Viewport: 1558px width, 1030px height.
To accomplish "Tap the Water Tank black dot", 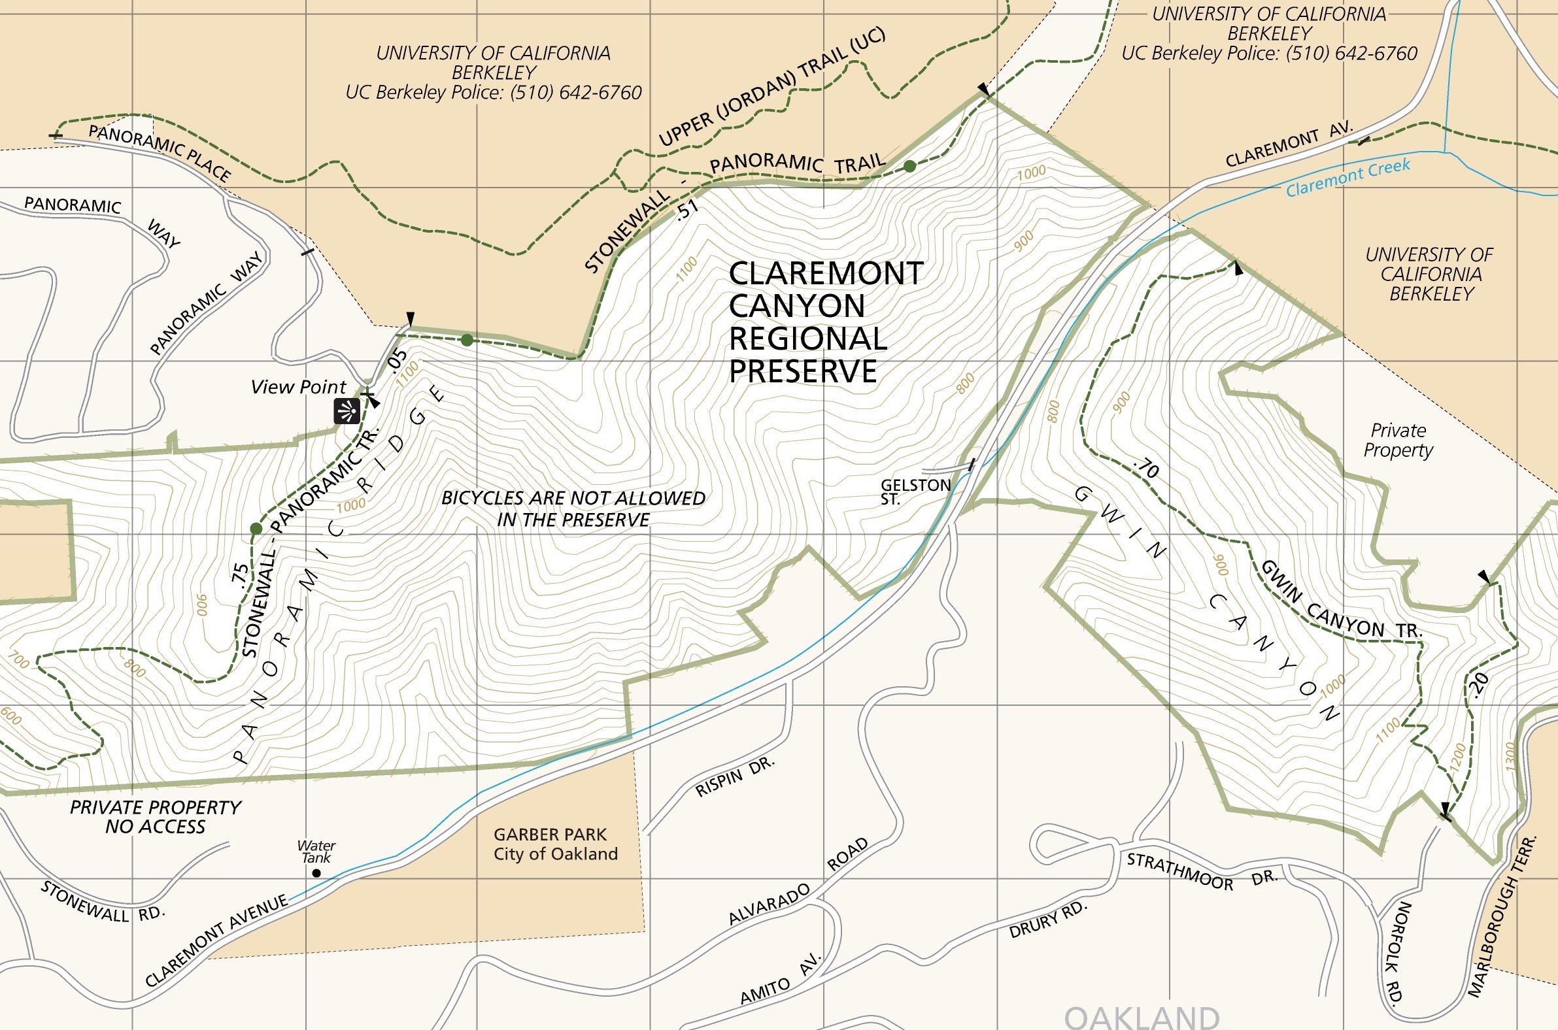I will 316,873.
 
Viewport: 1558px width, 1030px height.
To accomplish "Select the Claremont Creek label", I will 1347,177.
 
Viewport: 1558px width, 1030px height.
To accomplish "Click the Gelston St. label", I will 915,491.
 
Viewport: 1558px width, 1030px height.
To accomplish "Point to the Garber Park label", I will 555,844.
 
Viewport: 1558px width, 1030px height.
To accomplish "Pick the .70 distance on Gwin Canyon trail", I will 1147,468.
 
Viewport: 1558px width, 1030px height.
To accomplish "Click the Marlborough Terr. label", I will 1502,926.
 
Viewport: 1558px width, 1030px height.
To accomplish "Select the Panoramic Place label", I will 160,153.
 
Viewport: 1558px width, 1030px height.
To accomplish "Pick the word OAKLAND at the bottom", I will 1142,1017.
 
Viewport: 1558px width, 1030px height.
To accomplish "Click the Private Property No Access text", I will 156,816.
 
